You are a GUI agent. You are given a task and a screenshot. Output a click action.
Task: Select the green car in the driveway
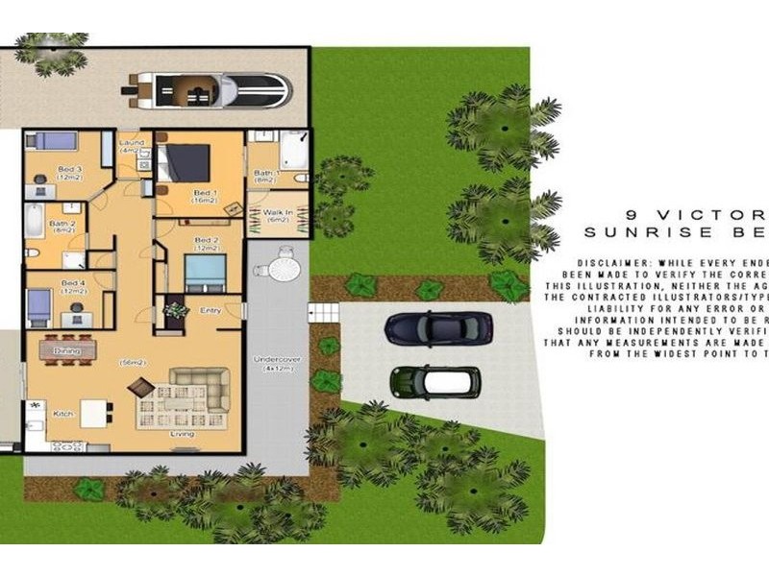(434, 382)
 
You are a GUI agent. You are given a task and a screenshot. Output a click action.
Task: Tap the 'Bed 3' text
(68, 170)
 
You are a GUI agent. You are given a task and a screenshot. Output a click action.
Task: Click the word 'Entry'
(211, 311)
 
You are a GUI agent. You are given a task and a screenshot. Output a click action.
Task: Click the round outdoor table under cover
(283, 266)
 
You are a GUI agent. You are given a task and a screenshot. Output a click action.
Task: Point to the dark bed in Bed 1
(185, 163)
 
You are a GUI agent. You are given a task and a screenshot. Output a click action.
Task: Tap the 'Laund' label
(131, 143)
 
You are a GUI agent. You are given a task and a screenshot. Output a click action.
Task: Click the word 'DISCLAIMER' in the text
(605, 262)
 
